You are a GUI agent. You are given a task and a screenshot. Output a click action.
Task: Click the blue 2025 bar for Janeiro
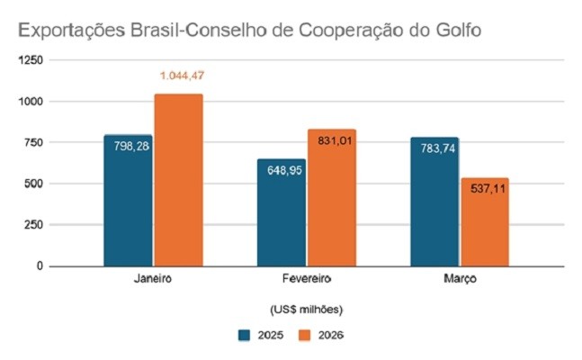point(128,202)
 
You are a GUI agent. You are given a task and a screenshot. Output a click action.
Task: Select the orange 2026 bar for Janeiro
point(178,180)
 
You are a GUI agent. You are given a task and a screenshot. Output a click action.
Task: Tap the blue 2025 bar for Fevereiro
point(282,214)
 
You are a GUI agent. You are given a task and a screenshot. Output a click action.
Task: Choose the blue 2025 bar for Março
point(434,203)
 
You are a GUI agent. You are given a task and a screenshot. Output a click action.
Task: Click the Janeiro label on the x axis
point(152,280)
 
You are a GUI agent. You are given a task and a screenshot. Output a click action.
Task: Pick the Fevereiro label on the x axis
point(306,280)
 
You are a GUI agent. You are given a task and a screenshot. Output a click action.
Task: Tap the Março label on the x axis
point(460,280)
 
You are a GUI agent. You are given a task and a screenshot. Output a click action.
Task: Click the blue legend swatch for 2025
point(244,336)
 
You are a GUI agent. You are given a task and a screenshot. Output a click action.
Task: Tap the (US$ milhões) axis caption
point(306,310)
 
